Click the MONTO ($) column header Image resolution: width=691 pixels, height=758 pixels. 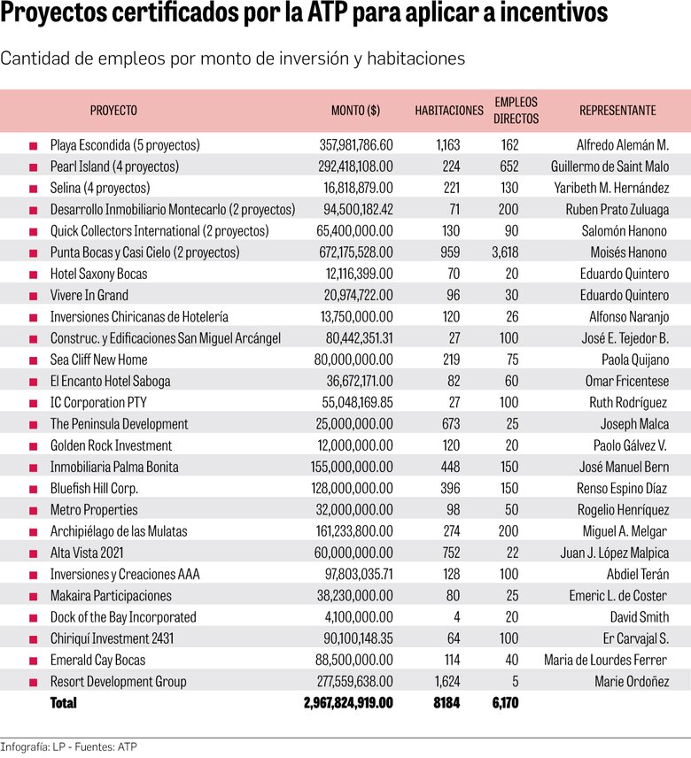tap(355, 111)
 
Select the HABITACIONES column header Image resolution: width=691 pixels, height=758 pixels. tap(448, 111)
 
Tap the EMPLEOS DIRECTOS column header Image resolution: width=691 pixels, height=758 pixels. tap(516, 111)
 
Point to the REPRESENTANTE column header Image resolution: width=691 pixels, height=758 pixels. tap(617, 111)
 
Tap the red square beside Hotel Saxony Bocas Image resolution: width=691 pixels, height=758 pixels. tap(33, 275)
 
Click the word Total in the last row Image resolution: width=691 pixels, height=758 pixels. tap(64, 703)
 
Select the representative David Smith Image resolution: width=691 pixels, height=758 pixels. tap(640, 617)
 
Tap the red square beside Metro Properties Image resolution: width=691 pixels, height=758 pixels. tap(33, 510)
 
